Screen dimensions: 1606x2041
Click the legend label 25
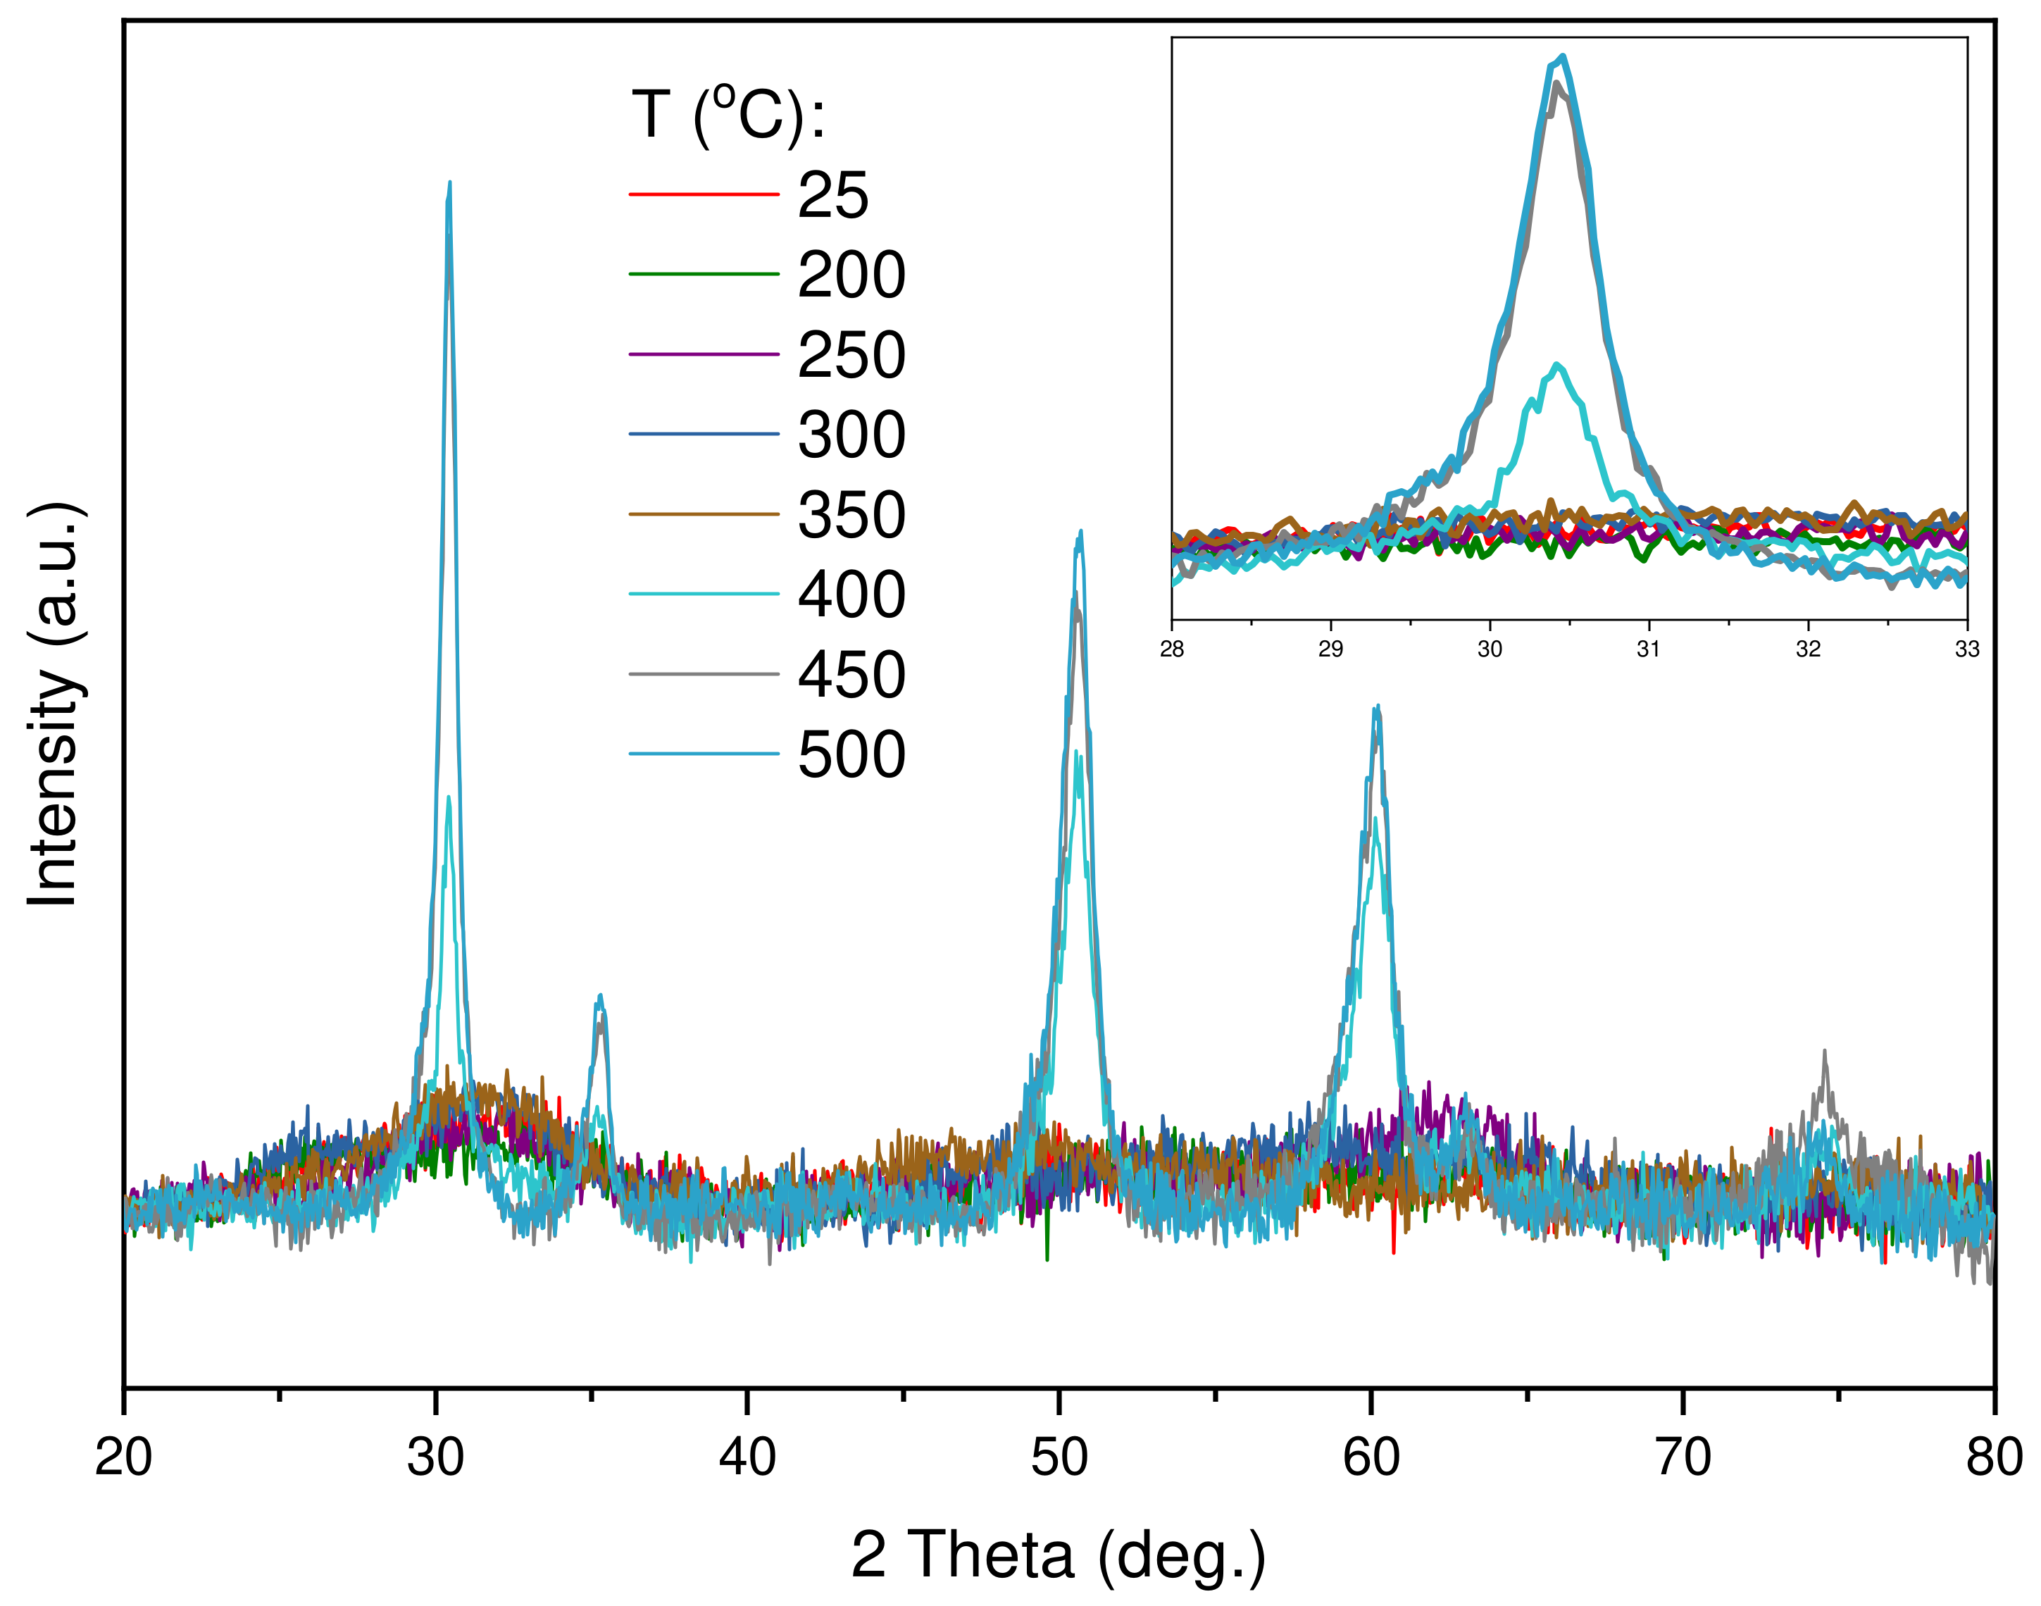833,196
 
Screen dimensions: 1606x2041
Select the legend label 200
851,275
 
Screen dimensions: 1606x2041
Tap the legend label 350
851,516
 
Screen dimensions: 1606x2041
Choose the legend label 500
851,755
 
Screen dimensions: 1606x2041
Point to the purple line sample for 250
703,354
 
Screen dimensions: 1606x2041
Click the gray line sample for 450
703,674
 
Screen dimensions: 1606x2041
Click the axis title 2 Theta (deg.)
1059,1555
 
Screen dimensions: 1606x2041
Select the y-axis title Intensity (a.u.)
54,705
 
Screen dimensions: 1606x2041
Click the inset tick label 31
1648,649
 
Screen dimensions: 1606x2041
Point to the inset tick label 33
1967,649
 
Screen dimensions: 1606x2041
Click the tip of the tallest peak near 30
449,182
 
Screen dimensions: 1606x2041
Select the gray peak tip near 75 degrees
1825,1051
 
